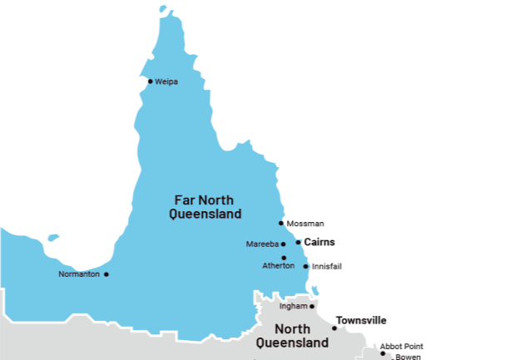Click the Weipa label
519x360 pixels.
[166, 81]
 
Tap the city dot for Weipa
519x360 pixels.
[151, 81]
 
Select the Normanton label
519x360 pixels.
[80, 274]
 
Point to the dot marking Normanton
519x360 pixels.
[106, 274]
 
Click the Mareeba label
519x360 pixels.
[262, 244]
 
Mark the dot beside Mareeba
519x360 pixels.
[283, 244]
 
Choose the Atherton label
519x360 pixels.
[278, 266]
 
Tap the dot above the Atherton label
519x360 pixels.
[284, 258]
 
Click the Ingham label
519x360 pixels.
[293, 306]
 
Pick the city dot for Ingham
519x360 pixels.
[312, 306]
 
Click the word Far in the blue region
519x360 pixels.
[184, 200]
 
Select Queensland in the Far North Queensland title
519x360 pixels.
[205, 214]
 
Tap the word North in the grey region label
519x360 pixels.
[293, 328]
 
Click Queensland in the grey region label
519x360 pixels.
[292, 343]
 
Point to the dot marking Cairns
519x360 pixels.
[298, 242]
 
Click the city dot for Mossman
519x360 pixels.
[281, 224]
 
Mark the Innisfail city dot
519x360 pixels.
[305, 266]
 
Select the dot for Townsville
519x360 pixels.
[334, 328]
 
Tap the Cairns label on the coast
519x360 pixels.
[320, 242]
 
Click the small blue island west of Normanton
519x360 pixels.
[52, 238]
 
